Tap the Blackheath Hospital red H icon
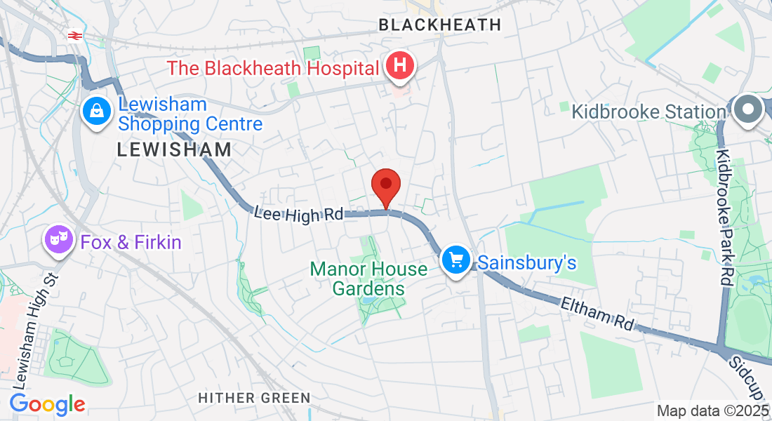[400, 67]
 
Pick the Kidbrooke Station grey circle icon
[749, 109]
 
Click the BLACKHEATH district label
[439, 25]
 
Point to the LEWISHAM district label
[174, 149]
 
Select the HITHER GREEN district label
[254, 398]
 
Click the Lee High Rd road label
[299, 213]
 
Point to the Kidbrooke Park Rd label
[724, 218]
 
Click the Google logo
[47, 404]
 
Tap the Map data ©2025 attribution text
[713, 410]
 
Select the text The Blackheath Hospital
[273, 68]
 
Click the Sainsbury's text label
[527, 262]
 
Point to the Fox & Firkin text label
[131, 243]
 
